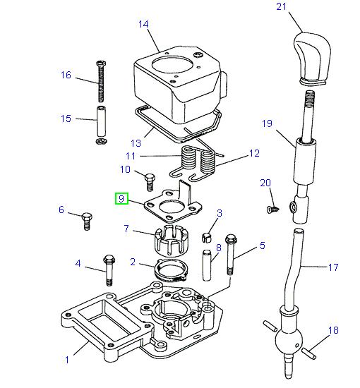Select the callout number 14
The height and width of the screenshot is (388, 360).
[143, 24]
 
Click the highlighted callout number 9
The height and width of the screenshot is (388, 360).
[122, 199]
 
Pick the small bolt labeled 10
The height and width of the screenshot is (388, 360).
[150, 181]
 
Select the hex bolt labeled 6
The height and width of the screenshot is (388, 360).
[87, 219]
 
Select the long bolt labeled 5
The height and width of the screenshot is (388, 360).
[229, 255]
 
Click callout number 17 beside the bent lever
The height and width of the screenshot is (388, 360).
[333, 267]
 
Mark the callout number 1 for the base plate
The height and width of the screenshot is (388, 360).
[67, 360]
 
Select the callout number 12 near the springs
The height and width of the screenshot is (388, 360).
[255, 153]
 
